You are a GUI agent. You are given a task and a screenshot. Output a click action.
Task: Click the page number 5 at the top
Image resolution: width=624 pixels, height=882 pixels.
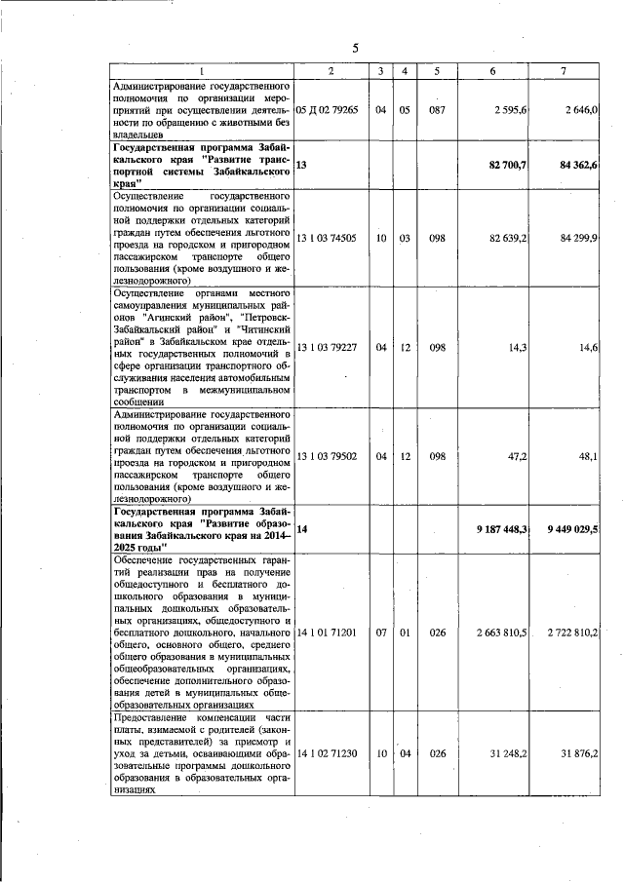tap(355, 49)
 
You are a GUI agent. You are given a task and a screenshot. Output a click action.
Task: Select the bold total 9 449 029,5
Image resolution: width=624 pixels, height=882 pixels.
tap(573, 528)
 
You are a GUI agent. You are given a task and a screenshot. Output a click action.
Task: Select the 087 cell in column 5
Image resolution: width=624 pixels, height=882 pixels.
tap(438, 110)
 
